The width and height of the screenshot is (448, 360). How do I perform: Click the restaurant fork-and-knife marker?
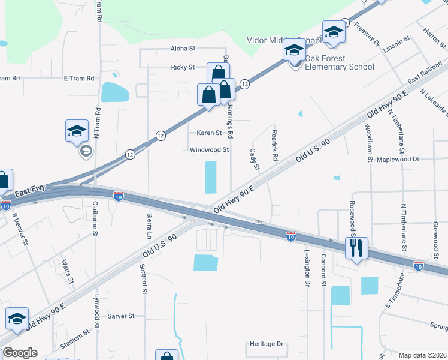pos(357,248)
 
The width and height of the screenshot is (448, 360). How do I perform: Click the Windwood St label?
pos(210,150)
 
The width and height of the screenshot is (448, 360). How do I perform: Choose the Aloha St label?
pos(183,48)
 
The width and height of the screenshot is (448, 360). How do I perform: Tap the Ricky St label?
pos(183,67)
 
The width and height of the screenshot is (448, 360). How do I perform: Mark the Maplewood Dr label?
pos(398,160)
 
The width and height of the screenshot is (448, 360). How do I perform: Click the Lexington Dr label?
pos(307,267)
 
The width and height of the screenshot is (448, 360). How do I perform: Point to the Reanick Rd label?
pos(276,146)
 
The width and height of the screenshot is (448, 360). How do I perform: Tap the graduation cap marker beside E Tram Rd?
pos(77,130)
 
